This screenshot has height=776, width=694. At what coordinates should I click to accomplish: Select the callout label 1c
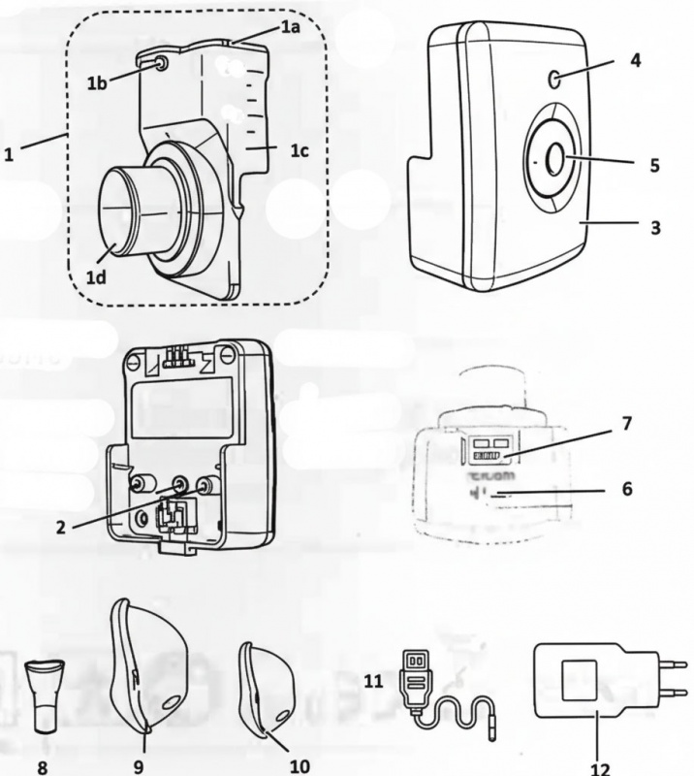300,151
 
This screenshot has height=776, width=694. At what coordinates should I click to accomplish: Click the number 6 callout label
627,489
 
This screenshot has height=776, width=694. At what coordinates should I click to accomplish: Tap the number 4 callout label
635,60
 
